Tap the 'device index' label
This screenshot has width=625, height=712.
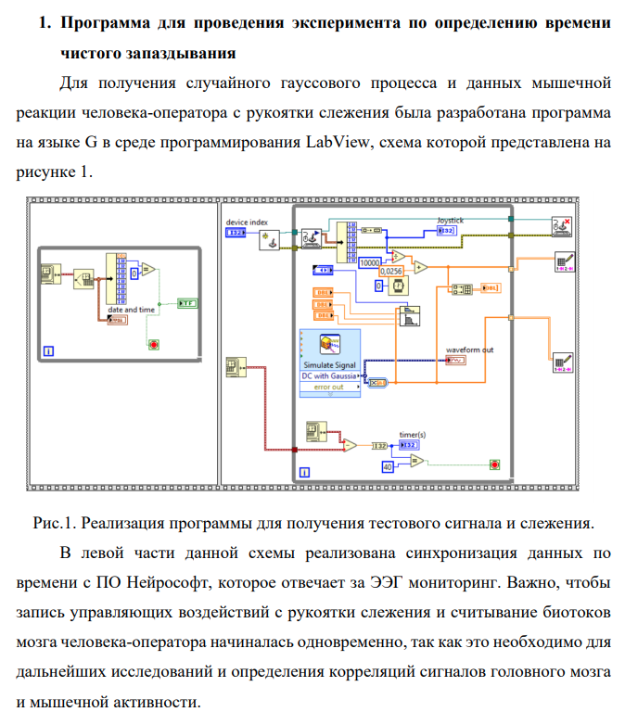[x=247, y=222]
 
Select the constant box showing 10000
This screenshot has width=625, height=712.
[x=372, y=262]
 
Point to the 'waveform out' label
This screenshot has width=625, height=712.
[x=469, y=350]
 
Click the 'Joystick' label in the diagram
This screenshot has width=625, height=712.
[x=450, y=220]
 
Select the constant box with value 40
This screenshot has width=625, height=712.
[x=389, y=465]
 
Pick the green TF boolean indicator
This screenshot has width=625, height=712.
[x=185, y=303]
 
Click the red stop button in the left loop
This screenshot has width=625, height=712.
[x=153, y=344]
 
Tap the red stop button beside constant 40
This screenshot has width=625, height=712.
[x=494, y=464]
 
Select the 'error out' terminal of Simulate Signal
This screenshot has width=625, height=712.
[x=329, y=387]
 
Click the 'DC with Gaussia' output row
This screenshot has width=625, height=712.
[x=330, y=376]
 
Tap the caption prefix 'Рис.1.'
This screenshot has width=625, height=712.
[x=55, y=523]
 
